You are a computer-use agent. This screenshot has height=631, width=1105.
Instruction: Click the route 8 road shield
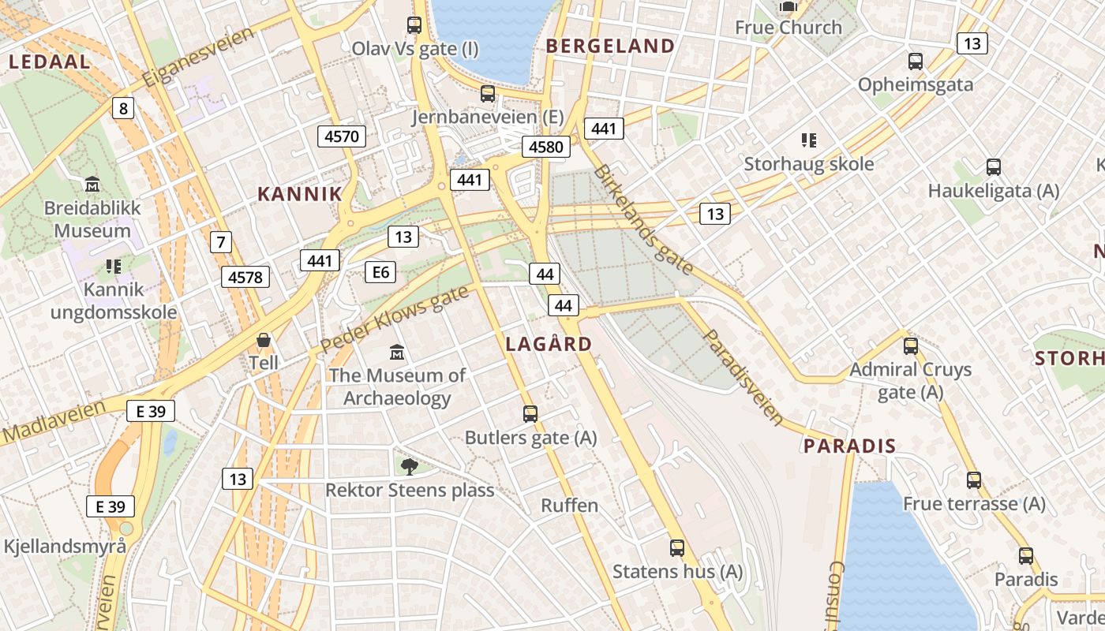pyautogui.click(x=122, y=108)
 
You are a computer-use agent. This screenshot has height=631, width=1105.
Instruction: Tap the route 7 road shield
pyautogui.click(x=221, y=242)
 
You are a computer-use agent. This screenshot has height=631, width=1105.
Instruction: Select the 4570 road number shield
pyautogui.click(x=342, y=136)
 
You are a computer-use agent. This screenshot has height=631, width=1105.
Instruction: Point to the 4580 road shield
pyautogui.click(x=546, y=147)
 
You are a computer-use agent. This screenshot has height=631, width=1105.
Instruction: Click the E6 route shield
pyautogui.click(x=380, y=272)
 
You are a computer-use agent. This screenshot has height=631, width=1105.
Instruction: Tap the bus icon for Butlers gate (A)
pyautogui.click(x=530, y=413)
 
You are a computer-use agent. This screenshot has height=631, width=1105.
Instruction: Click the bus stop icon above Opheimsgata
pyautogui.click(x=916, y=61)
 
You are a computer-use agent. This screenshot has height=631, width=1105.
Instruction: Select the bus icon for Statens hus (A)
pyautogui.click(x=677, y=547)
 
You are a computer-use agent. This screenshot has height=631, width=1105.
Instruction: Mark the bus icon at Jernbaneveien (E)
pyautogui.click(x=488, y=94)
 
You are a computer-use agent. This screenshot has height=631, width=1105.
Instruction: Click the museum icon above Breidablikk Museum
pyautogui.click(x=92, y=185)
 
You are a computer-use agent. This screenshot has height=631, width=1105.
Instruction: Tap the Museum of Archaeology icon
pyautogui.click(x=397, y=352)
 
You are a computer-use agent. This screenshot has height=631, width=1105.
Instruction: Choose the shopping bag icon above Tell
pyautogui.click(x=264, y=340)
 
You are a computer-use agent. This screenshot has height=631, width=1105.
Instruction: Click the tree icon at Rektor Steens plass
pyautogui.click(x=409, y=466)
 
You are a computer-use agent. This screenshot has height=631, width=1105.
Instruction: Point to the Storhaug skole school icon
pyautogui.click(x=808, y=140)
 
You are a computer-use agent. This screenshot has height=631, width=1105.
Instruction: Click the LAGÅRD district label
pyautogui.click(x=549, y=344)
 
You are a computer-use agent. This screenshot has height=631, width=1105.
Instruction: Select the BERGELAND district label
pyautogui.click(x=610, y=46)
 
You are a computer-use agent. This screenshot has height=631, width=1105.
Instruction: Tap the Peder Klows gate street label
pyautogui.click(x=394, y=320)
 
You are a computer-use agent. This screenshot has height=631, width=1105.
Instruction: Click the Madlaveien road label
pyautogui.click(x=54, y=421)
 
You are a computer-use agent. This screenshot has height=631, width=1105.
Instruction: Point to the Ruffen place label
pyautogui.click(x=569, y=506)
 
